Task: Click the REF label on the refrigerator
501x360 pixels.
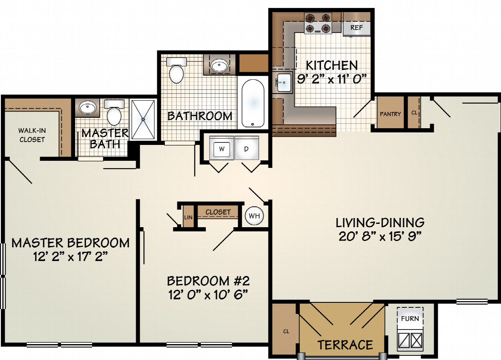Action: pyautogui.click(x=357, y=28)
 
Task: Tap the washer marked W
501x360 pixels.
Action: pyautogui.click(x=222, y=148)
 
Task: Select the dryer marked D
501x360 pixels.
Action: pyautogui.click(x=246, y=148)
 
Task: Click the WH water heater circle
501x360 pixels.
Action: pyautogui.click(x=254, y=215)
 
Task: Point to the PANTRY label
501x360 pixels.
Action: pyautogui.click(x=390, y=114)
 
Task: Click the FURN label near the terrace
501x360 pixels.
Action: pyautogui.click(x=410, y=318)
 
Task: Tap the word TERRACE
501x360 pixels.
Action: pyautogui.click(x=345, y=345)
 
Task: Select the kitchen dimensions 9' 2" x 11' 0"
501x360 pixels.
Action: pyautogui.click(x=331, y=79)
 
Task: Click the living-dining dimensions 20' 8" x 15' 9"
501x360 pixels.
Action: pyautogui.click(x=380, y=236)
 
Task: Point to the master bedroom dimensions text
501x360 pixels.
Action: pyautogui.click(x=71, y=256)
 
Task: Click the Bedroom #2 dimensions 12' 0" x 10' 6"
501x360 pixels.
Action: pyautogui.click(x=208, y=294)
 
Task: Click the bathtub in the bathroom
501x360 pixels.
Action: pyautogui.click(x=253, y=104)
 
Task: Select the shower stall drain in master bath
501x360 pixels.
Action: pyautogui.click(x=143, y=119)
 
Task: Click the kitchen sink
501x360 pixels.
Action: pyautogui.click(x=283, y=83)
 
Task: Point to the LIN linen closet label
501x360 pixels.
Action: pyautogui.click(x=188, y=217)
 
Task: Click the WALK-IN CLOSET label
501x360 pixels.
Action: pyautogui.click(x=32, y=135)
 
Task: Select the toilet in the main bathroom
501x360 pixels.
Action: pyautogui.click(x=177, y=70)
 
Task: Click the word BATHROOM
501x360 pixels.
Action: pyautogui.click(x=200, y=116)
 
